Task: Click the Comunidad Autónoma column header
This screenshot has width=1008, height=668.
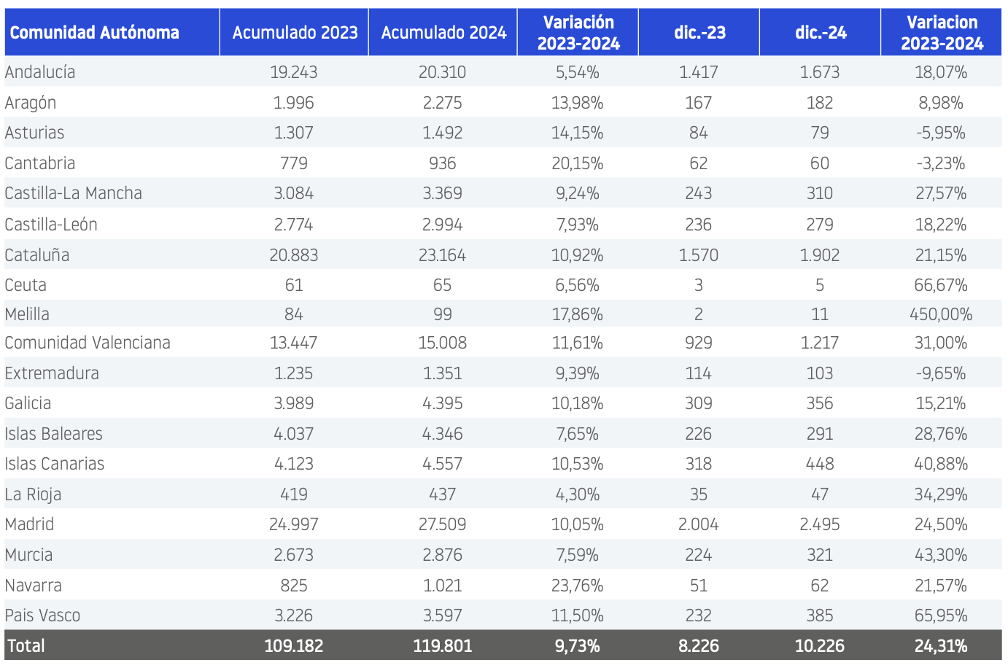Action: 95,33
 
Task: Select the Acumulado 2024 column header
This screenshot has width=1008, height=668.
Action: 443,33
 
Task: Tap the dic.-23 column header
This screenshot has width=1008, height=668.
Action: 699,33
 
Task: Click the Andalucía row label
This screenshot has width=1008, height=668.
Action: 40,72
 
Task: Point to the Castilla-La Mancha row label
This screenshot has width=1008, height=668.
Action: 74,193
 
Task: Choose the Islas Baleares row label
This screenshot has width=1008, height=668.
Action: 53,434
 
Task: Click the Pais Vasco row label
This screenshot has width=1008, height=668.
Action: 43,615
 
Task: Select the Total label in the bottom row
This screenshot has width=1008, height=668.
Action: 26,646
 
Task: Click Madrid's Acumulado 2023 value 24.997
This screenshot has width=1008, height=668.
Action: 294,524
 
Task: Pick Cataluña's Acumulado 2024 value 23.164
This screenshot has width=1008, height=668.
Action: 442,255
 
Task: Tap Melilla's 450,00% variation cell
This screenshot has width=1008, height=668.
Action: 941,314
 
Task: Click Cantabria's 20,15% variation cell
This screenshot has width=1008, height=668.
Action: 578,163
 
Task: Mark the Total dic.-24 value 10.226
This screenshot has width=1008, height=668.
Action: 819,646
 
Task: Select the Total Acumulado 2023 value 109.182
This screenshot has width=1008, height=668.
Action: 294,646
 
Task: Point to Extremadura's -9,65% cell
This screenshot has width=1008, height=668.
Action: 941,373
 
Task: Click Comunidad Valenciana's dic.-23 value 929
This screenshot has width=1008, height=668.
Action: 699,343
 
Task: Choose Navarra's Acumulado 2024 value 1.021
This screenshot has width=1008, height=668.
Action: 442,586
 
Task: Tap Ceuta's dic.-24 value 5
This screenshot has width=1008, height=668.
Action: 820,285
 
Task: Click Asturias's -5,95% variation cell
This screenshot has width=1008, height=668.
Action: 941,133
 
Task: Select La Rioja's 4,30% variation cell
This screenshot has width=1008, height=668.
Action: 578,495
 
